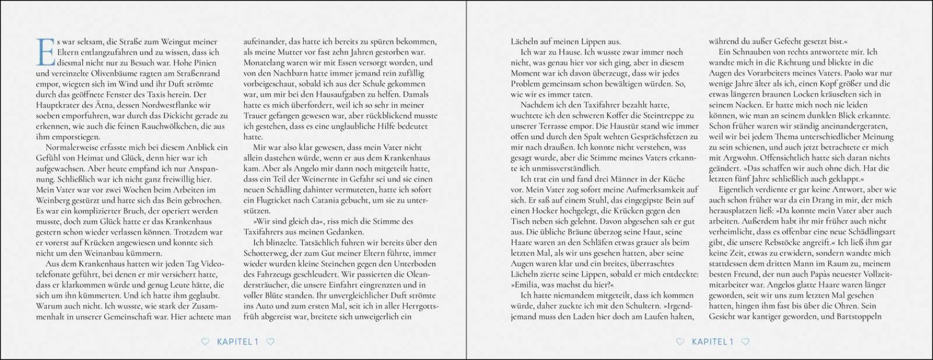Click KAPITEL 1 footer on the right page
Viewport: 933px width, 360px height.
point(713,342)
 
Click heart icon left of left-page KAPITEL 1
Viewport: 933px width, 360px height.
point(205,342)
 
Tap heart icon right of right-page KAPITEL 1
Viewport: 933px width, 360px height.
point(745,342)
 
